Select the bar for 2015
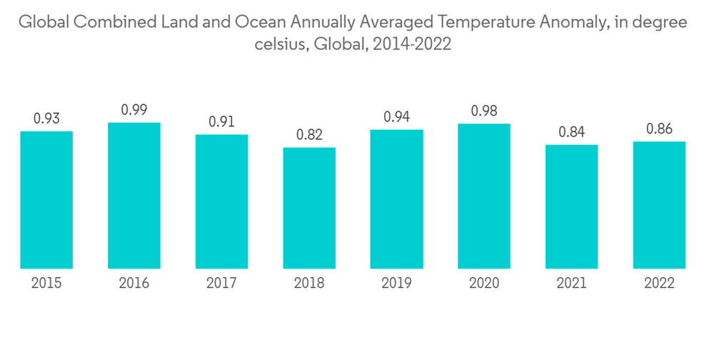click(46, 200)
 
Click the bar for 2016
click(134, 196)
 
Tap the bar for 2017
click(221, 201)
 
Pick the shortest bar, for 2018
click(309, 208)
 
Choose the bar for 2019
click(396, 199)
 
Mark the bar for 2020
click(483, 196)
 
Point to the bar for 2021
click(571, 206)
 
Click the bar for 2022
click(659, 205)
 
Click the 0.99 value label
click(134, 110)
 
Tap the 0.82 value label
click(309, 135)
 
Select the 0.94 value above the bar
click(396, 117)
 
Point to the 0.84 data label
click(571, 132)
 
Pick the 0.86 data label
click(659, 129)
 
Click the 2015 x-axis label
click(46, 284)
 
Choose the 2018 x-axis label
click(309, 284)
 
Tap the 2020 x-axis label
click(483, 284)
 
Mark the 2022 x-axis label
click(659, 284)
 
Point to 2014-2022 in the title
click(410, 44)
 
